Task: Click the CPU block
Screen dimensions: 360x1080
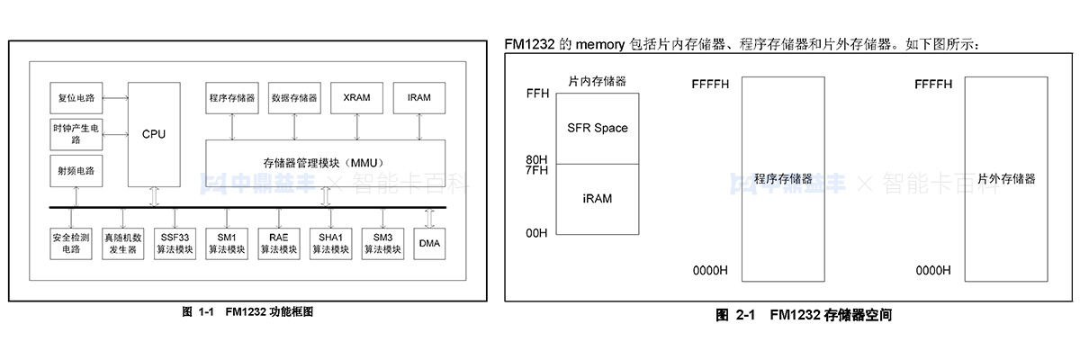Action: (154, 133)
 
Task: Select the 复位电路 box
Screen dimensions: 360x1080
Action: (76, 97)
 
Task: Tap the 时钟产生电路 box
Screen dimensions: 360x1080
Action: (76, 135)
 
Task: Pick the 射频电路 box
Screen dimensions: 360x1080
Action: (76, 169)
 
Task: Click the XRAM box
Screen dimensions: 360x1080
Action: (356, 97)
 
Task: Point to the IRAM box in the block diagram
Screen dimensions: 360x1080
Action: (419, 97)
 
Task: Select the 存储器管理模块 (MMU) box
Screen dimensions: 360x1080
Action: (325, 163)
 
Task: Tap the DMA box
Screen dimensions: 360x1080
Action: (429, 244)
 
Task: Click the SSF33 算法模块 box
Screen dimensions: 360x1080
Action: (175, 243)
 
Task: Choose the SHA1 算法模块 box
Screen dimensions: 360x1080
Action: (329, 243)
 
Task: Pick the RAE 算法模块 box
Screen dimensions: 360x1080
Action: (278, 243)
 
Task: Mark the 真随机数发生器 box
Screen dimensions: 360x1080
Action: (122, 243)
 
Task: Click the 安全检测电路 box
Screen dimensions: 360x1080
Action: (71, 243)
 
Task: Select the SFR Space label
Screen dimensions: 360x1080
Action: (598, 128)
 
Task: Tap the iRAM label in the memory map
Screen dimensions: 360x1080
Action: (598, 198)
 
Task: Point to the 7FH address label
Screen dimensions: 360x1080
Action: (536, 171)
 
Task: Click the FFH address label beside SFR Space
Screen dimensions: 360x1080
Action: (536, 94)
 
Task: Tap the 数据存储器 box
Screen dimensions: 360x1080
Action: (294, 97)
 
